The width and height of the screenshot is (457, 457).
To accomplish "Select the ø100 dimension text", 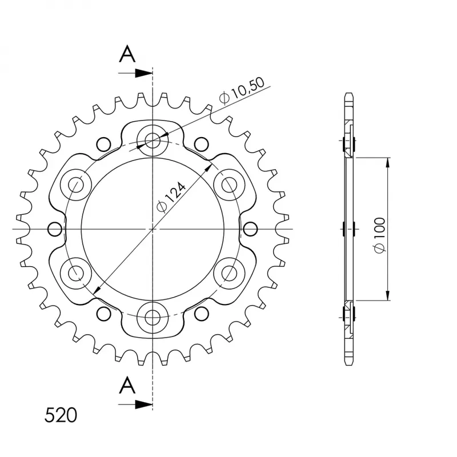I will tap(380, 234).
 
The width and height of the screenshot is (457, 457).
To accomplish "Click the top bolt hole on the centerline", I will tap(153, 139).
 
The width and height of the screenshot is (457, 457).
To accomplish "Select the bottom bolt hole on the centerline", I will tap(153, 318).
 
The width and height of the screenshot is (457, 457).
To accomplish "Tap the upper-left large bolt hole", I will tap(76, 184).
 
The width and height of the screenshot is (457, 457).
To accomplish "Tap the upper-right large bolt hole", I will tap(230, 184).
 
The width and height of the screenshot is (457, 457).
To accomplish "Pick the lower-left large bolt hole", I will tap(76, 273).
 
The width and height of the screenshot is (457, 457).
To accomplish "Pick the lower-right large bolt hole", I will tap(230, 273).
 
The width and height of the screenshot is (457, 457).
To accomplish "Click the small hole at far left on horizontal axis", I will tap(55, 229).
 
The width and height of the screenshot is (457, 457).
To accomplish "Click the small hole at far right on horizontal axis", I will tap(250, 229).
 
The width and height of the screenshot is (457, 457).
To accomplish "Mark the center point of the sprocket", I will tap(153, 229).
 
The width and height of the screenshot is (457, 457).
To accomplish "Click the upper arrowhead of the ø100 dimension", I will tap(388, 162).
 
